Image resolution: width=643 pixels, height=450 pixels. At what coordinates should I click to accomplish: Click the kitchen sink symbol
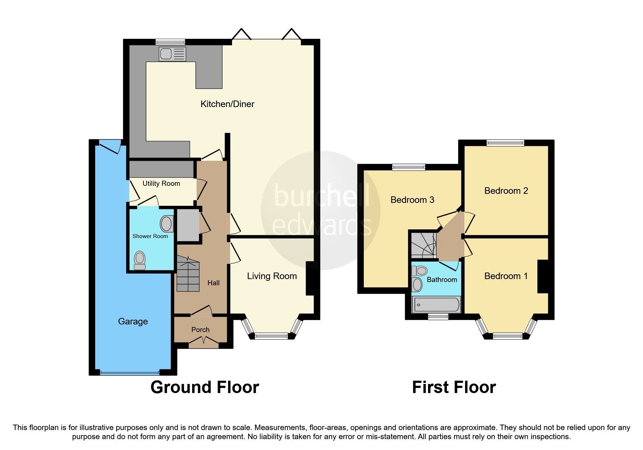[x=172, y=54]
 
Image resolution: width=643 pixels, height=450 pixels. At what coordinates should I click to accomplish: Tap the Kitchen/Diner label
[x=227, y=104]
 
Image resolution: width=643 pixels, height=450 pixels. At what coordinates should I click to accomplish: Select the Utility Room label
[x=161, y=184]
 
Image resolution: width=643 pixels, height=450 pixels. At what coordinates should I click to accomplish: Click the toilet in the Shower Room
[x=140, y=261]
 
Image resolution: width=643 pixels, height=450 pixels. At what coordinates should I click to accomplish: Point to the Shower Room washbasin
[x=167, y=224]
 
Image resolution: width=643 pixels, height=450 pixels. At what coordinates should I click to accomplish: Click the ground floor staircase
[x=188, y=274]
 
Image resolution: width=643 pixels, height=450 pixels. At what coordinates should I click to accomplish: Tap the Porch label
[x=200, y=330]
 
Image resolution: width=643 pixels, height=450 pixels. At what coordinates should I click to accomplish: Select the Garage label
[x=133, y=322]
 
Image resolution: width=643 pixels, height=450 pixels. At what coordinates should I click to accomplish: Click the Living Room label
[x=272, y=276]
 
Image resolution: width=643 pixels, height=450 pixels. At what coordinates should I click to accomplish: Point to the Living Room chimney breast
[x=310, y=278]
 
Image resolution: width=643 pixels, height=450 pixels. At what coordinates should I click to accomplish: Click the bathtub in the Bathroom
[x=436, y=304]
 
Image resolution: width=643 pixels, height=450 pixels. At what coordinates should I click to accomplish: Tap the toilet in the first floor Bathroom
[x=420, y=271]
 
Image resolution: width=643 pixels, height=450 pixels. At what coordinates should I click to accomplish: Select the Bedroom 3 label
[x=412, y=200]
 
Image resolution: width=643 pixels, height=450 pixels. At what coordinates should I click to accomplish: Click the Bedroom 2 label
[x=506, y=191]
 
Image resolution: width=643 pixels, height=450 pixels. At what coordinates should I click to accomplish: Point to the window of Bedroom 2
[x=505, y=143]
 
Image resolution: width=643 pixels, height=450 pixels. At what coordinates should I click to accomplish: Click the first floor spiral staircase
[x=423, y=245]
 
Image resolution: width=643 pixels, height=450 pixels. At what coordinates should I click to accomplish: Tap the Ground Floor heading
[x=205, y=387]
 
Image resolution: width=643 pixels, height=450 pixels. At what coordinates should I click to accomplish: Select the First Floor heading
[x=454, y=387]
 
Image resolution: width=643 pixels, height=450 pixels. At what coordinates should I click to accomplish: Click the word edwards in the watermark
[x=321, y=226]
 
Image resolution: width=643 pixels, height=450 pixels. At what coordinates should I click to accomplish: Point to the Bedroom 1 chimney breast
[x=542, y=276]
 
